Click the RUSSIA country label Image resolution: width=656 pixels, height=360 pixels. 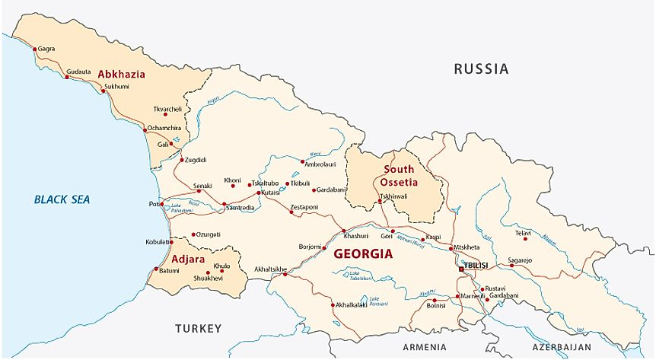pos(481,68)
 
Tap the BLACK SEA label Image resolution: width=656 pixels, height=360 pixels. pos(62,199)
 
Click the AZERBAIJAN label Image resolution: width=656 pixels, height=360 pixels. pos(562,347)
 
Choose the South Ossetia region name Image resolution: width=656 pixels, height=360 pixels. pos(400,176)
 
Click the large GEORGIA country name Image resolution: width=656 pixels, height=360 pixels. pos(363,254)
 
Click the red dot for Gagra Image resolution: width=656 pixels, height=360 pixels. pos(34,49)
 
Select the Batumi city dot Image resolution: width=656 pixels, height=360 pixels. pos(157,269)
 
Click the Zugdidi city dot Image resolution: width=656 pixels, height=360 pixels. pos(182,160)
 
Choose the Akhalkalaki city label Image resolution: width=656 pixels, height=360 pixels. pos(351,305)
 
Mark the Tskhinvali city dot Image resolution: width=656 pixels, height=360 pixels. pos(380,202)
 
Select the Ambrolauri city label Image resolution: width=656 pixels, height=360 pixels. pos(321,163)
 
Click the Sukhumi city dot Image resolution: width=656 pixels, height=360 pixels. pos(104,91)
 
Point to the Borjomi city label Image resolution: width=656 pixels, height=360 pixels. pos(309,247)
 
